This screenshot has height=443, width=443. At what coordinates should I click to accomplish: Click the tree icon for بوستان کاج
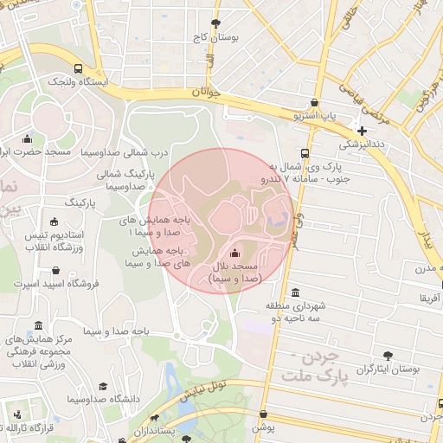215,23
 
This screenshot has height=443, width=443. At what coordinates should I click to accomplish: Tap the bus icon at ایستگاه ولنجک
79,68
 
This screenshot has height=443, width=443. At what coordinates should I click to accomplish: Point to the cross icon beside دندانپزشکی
362,131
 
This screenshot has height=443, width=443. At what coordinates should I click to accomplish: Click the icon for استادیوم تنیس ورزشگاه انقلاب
55,221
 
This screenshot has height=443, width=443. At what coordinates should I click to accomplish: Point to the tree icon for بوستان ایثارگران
387,354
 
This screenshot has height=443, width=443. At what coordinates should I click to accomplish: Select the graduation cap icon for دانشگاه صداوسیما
103,386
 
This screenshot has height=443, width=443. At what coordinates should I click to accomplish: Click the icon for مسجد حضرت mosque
28,138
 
